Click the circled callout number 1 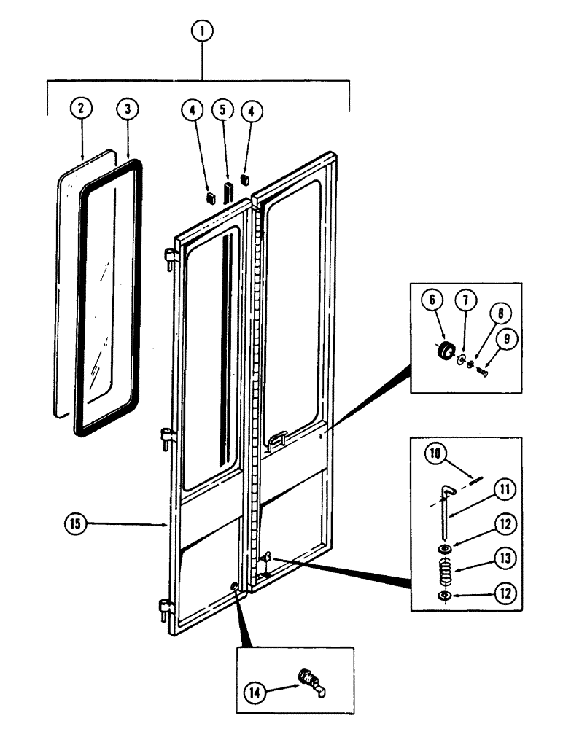pyautogui.click(x=202, y=31)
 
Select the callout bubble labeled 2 pyautogui.click(x=81, y=107)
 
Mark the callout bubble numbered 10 pyautogui.click(x=435, y=453)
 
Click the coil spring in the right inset pyautogui.click(x=443, y=570)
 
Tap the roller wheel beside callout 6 pyautogui.click(x=442, y=350)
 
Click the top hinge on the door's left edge pyautogui.click(x=169, y=256)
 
